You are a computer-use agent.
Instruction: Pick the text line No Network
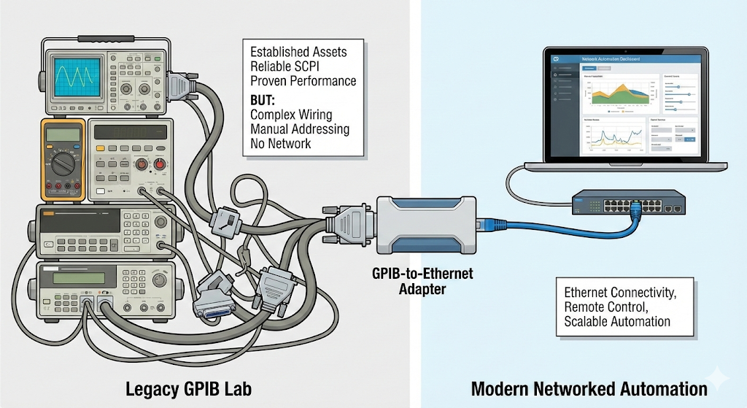click(281, 144)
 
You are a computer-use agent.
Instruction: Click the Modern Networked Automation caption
click(589, 388)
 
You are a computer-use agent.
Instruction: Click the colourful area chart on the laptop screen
click(617, 94)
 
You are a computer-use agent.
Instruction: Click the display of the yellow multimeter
click(61, 134)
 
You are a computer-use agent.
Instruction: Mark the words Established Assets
click(298, 52)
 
